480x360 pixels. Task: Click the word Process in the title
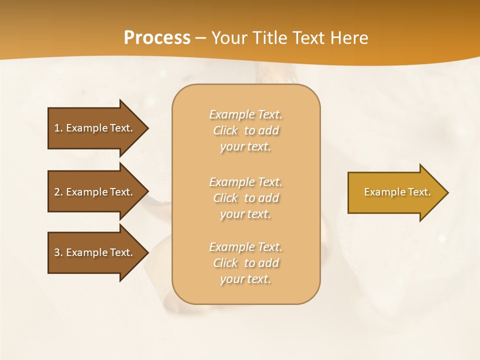pyautogui.click(x=157, y=38)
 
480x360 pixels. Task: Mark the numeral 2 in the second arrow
pyautogui.click(x=57, y=192)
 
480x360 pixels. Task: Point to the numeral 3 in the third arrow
pyautogui.click(x=57, y=252)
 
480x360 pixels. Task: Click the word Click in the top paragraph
pyautogui.click(x=225, y=130)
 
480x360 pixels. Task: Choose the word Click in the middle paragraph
pyautogui.click(x=225, y=198)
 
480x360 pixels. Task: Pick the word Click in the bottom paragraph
pyautogui.click(x=225, y=263)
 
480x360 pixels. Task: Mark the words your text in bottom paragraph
pyautogui.click(x=245, y=279)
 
